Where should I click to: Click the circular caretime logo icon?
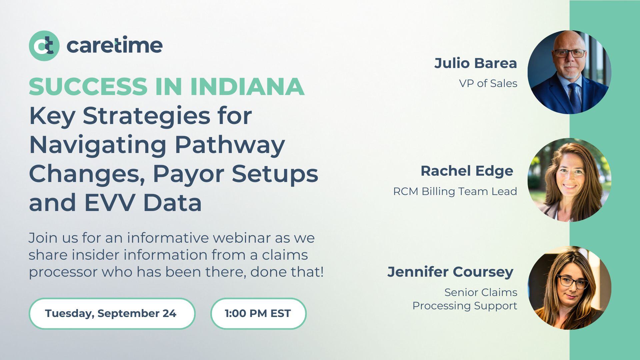[x=44, y=46]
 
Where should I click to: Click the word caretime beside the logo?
[x=115, y=46]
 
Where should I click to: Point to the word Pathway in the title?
[x=230, y=145]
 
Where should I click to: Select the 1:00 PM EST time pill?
[x=258, y=313]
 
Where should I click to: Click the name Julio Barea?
[x=475, y=63]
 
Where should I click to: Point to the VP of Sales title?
[x=488, y=83]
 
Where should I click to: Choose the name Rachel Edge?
[x=467, y=171]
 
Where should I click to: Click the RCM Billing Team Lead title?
[x=455, y=191]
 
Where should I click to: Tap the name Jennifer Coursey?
[x=450, y=272]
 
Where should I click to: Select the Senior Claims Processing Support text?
[x=465, y=299]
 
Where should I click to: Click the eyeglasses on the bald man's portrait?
[x=569, y=53]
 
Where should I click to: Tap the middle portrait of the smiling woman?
[x=569, y=180]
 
